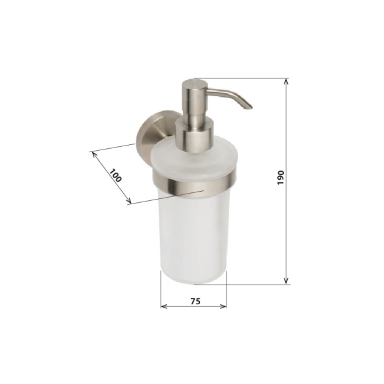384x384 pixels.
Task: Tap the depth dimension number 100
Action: click(115, 176)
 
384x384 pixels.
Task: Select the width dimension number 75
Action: click(195, 300)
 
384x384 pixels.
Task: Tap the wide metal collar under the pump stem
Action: click(194, 138)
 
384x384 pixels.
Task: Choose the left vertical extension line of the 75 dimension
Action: click(161, 290)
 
